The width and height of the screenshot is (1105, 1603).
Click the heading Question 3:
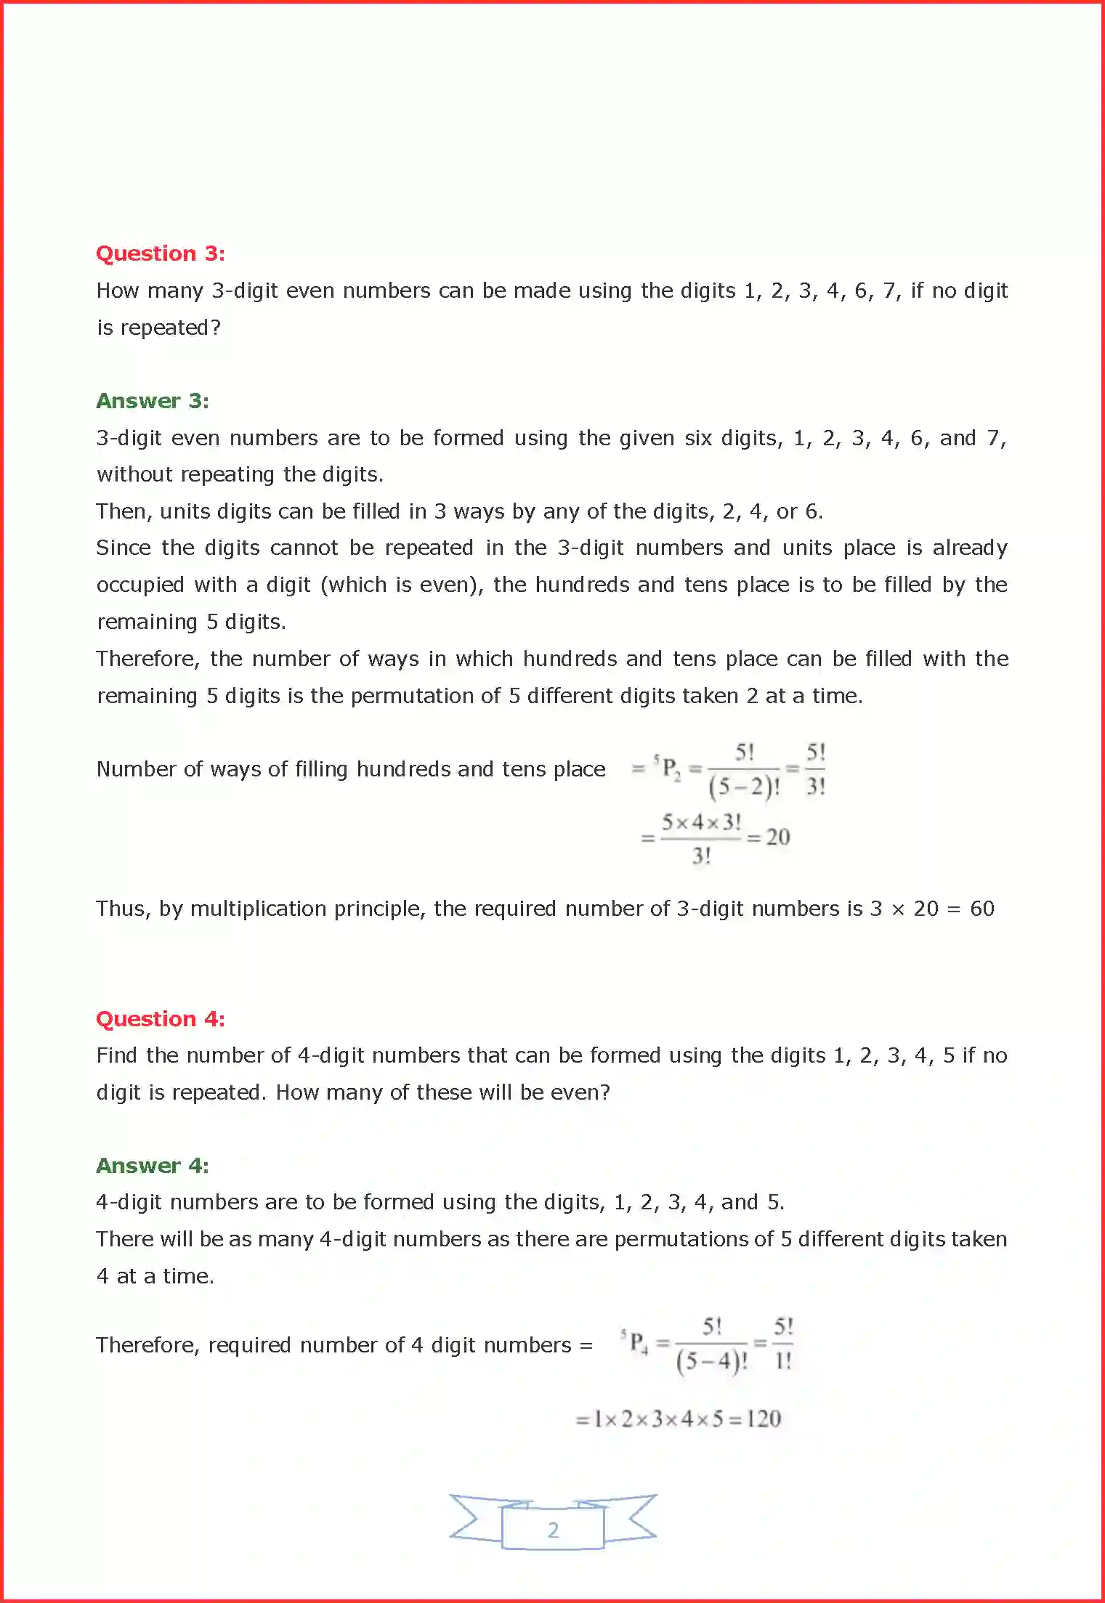160,253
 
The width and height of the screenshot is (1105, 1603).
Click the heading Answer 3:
153,401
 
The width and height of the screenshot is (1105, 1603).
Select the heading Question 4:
160,1019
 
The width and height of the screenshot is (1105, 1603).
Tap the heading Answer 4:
153,1166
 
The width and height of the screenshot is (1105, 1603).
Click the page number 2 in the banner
553,1530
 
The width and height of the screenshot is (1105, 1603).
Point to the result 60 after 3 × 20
981,909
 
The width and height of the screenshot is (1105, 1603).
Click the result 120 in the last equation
763,1419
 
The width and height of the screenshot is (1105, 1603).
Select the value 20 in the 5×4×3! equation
777,837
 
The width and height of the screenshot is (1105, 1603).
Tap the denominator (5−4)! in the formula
711,1361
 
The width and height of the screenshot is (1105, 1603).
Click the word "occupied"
140,585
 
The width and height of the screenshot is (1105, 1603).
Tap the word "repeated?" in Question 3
170,328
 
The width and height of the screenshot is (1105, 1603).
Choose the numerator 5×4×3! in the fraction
701,822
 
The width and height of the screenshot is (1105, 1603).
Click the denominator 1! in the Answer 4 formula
783,1361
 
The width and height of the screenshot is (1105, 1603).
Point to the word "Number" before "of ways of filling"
136,769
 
